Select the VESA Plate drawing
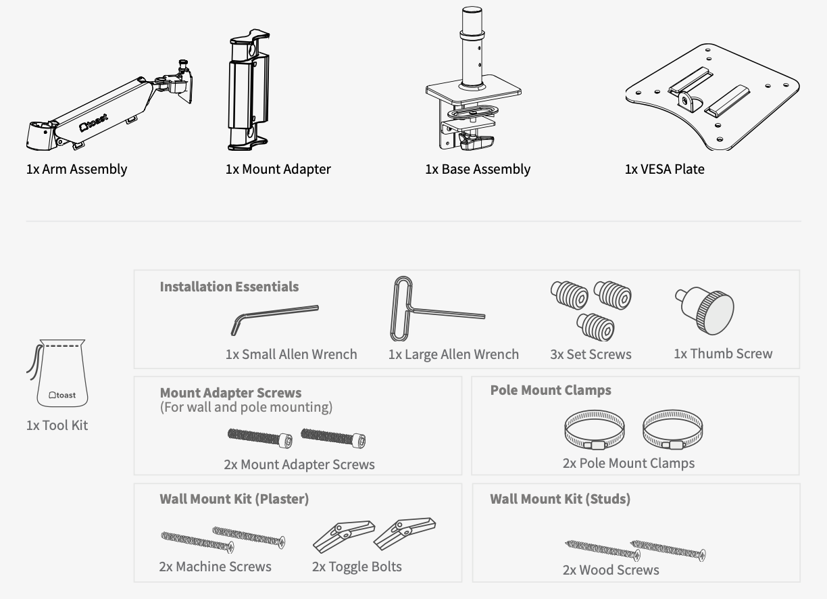[x=711, y=98]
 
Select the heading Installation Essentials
[x=229, y=287]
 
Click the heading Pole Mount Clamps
[x=551, y=390]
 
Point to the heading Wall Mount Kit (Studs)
[x=560, y=499]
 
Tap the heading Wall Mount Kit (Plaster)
[x=234, y=499]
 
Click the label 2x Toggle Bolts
[x=357, y=567]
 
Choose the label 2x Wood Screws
[x=611, y=570]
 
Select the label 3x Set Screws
[x=591, y=354]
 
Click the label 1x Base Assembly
[x=478, y=169]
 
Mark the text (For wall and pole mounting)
[x=246, y=407]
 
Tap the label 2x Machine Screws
[x=215, y=567]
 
